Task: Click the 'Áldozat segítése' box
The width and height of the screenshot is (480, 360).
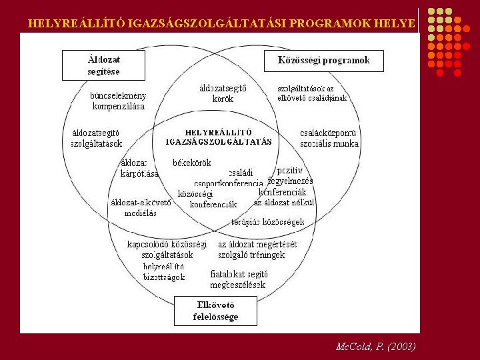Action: [x=104, y=65]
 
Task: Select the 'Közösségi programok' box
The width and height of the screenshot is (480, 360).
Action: [x=323, y=61]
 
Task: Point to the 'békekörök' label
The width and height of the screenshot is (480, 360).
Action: [x=191, y=163]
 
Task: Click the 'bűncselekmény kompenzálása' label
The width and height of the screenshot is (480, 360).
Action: [x=118, y=101]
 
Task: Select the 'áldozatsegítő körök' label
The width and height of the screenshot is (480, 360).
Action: [x=223, y=93]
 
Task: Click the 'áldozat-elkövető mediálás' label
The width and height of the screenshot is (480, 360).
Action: [x=141, y=208]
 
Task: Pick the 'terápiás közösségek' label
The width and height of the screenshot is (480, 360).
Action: [x=268, y=221]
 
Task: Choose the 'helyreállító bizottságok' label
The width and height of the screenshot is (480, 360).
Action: [x=164, y=271]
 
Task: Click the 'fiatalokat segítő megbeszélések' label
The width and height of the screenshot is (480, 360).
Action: [x=239, y=279]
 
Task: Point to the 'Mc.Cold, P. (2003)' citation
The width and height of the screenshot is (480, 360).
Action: [x=376, y=347]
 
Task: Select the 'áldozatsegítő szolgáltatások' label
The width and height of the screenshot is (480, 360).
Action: [x=97, y=138]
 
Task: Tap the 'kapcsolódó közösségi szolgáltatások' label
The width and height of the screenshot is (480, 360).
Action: [x=167, y=249]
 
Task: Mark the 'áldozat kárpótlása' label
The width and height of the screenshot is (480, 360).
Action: [x=139, y=168]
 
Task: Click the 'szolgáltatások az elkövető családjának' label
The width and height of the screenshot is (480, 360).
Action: [x=312, y=93]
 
